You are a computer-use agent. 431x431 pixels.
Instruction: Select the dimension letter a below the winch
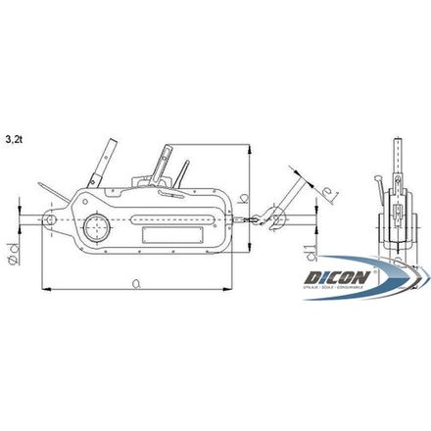(x=133, y=281)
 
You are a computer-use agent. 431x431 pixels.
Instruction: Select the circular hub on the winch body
(x=97, y=228)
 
